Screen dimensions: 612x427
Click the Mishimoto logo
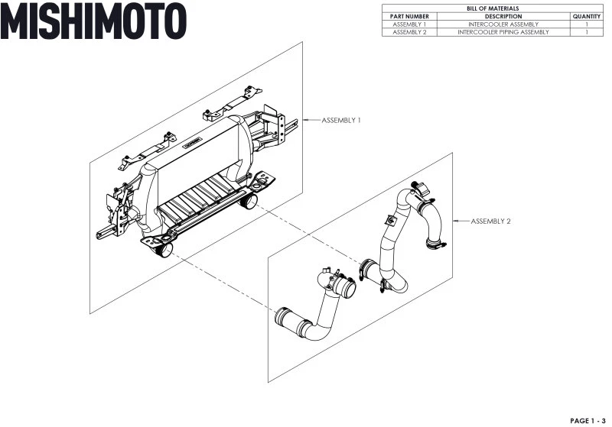[93, 21]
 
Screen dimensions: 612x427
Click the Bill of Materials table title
[493, 8]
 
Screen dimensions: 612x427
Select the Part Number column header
[409, 16]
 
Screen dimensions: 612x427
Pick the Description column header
[503, 16]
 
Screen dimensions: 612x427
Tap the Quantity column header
[587, 16]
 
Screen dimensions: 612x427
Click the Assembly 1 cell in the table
[409, 24]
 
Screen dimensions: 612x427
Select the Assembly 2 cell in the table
[409, 32]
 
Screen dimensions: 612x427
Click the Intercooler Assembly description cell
[503, 24]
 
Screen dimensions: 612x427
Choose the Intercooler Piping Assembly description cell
[503, 32]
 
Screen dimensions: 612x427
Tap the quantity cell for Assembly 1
[587, 24]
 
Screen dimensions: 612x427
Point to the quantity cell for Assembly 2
[587, 32]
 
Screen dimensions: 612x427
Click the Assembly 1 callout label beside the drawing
[341, 121]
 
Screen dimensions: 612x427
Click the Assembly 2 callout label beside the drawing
[490, 222]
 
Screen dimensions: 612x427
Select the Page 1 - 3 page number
[588, 421]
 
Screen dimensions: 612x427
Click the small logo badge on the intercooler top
[193, 143]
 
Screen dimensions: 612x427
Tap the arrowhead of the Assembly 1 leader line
[304, 120]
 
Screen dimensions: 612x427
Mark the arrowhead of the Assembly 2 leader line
[454, 221]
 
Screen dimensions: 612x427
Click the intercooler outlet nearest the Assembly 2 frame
[248, 200]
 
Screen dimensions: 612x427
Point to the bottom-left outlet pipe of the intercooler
[163, 249]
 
